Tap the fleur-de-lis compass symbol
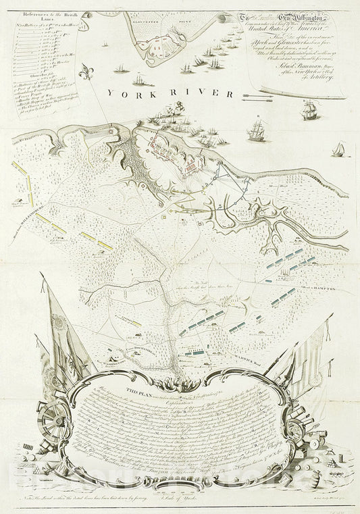[84, 72]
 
